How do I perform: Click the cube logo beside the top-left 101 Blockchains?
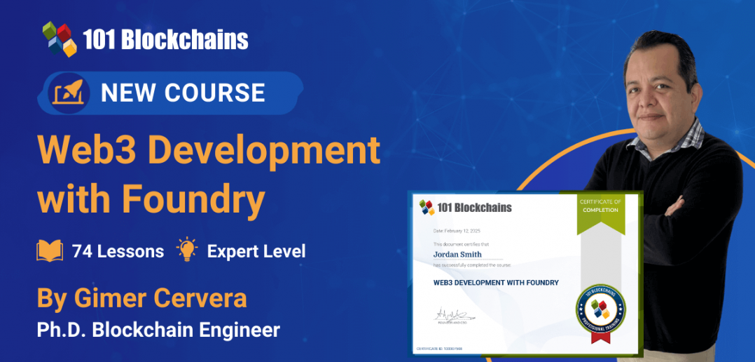[59, 39]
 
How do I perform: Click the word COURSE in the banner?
[221, 93]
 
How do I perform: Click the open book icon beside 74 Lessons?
[50, 250]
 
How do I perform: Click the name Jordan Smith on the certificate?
[457, 254]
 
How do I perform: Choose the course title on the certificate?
[496, 283]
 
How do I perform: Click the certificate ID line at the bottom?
[439, 349]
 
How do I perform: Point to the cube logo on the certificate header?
[427, 207]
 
